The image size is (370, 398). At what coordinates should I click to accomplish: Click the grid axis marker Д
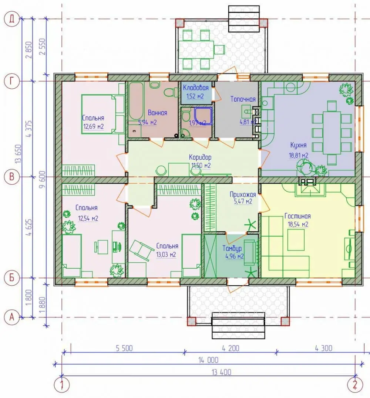tap(12, 19)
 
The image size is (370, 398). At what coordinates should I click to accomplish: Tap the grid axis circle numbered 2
tap(355, 385)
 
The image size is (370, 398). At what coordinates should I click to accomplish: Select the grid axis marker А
tap(12, 317)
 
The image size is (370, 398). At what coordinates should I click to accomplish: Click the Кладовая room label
tap(196, 88)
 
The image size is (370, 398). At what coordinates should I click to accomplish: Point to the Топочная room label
tap(243, 99)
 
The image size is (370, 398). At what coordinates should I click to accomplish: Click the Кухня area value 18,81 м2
tap(298, 155)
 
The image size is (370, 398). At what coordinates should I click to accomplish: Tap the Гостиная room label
tap(297, 216)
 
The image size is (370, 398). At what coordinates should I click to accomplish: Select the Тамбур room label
tap(232, 248)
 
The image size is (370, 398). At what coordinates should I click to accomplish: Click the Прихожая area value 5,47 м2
tap(243, 201)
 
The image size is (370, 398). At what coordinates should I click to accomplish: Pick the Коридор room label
tap(200, 157)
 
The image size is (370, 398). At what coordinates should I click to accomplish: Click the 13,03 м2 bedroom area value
tap(166, 254)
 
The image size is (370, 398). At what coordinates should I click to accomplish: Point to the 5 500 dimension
tap(124, 348)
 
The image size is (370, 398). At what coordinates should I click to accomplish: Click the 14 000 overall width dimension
tap(208, 360)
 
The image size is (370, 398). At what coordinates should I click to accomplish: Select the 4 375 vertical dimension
tap(29, 129)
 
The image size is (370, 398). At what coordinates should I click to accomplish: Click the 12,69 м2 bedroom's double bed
tap(103, 114)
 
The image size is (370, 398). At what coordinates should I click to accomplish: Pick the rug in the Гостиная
tap(296, 239)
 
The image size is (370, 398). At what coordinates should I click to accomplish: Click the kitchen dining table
tap(332, 133)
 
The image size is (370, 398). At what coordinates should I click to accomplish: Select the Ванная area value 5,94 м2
tap(147, 122)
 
